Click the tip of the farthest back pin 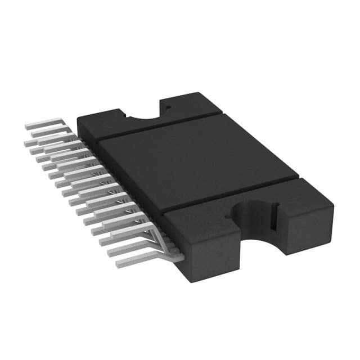28,127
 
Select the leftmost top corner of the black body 77,119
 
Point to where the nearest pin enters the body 181,257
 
